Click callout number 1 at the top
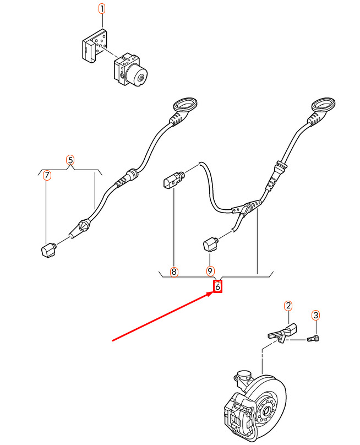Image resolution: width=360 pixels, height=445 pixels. (101, 9)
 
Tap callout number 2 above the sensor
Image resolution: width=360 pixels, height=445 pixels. (288, 305)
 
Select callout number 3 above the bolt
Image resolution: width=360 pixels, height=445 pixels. (315, 315)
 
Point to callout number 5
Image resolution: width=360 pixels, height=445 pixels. (70, 160)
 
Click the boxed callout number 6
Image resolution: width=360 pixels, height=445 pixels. (217, 286)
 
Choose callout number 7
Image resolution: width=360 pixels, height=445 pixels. (47, 176)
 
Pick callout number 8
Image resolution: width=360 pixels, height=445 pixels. (174, 272)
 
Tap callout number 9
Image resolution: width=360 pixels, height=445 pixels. (210, 271)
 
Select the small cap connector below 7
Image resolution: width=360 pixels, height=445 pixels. (49, 249)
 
